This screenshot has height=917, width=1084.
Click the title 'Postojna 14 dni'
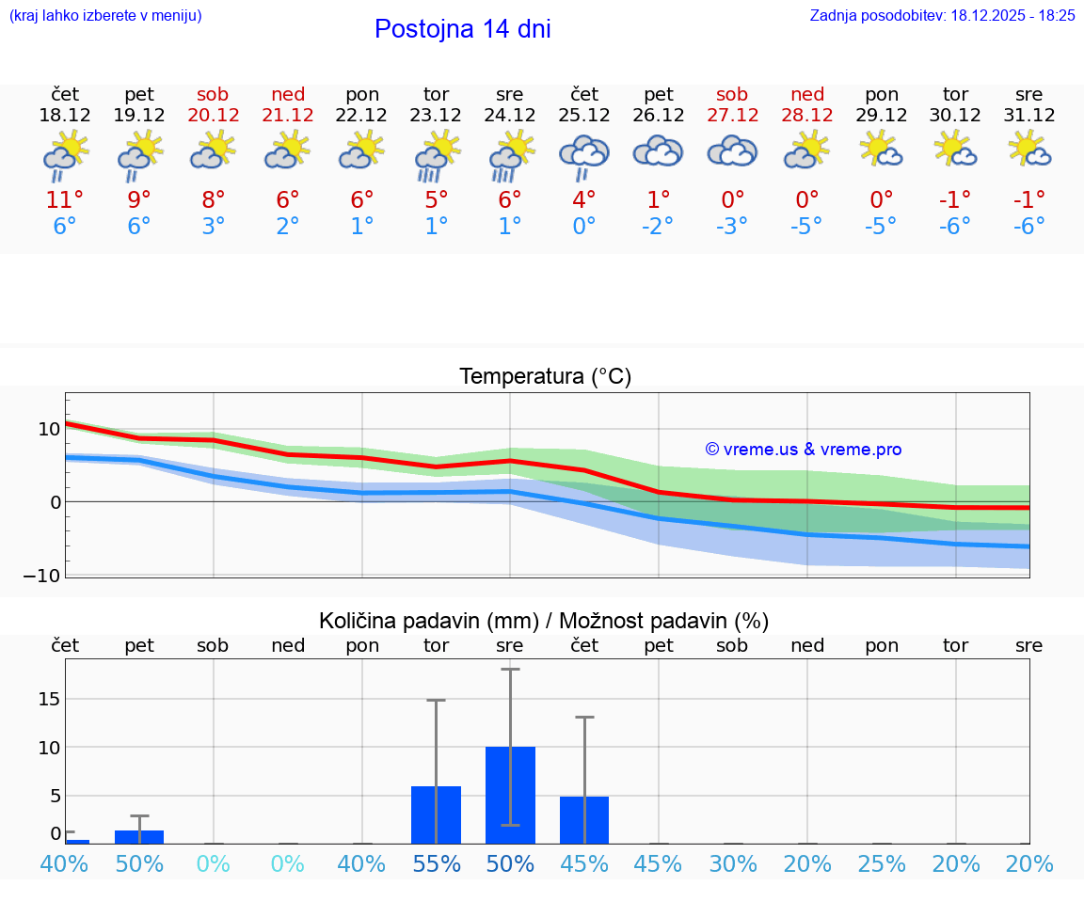click(462, 29)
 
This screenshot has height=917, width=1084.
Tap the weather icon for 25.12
click(584, 154)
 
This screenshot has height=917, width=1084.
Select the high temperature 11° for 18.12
click(65, 200)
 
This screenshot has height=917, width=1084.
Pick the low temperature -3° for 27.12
click(732, 227)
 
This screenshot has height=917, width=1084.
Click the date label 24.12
click(510, 116)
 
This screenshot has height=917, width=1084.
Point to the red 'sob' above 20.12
click(214, 94)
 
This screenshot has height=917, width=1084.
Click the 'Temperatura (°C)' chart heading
click(545, 377)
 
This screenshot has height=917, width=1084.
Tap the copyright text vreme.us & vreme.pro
click(803, 450)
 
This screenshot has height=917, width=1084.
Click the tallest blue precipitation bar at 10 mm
click(510, 795)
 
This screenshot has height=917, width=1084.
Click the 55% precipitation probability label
click(436, 863)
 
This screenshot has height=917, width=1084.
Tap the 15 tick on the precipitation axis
click(48, 699)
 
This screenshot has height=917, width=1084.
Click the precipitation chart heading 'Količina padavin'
click(544, 621)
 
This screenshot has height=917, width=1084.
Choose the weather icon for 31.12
click(1029, 150)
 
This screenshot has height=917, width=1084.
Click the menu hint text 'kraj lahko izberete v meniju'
click(104, 15)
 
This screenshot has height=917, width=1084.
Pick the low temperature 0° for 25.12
click(584, 227)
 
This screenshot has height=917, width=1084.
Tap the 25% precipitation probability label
click(882, 863)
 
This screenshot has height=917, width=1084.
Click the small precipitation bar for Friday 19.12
click(139, 837)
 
